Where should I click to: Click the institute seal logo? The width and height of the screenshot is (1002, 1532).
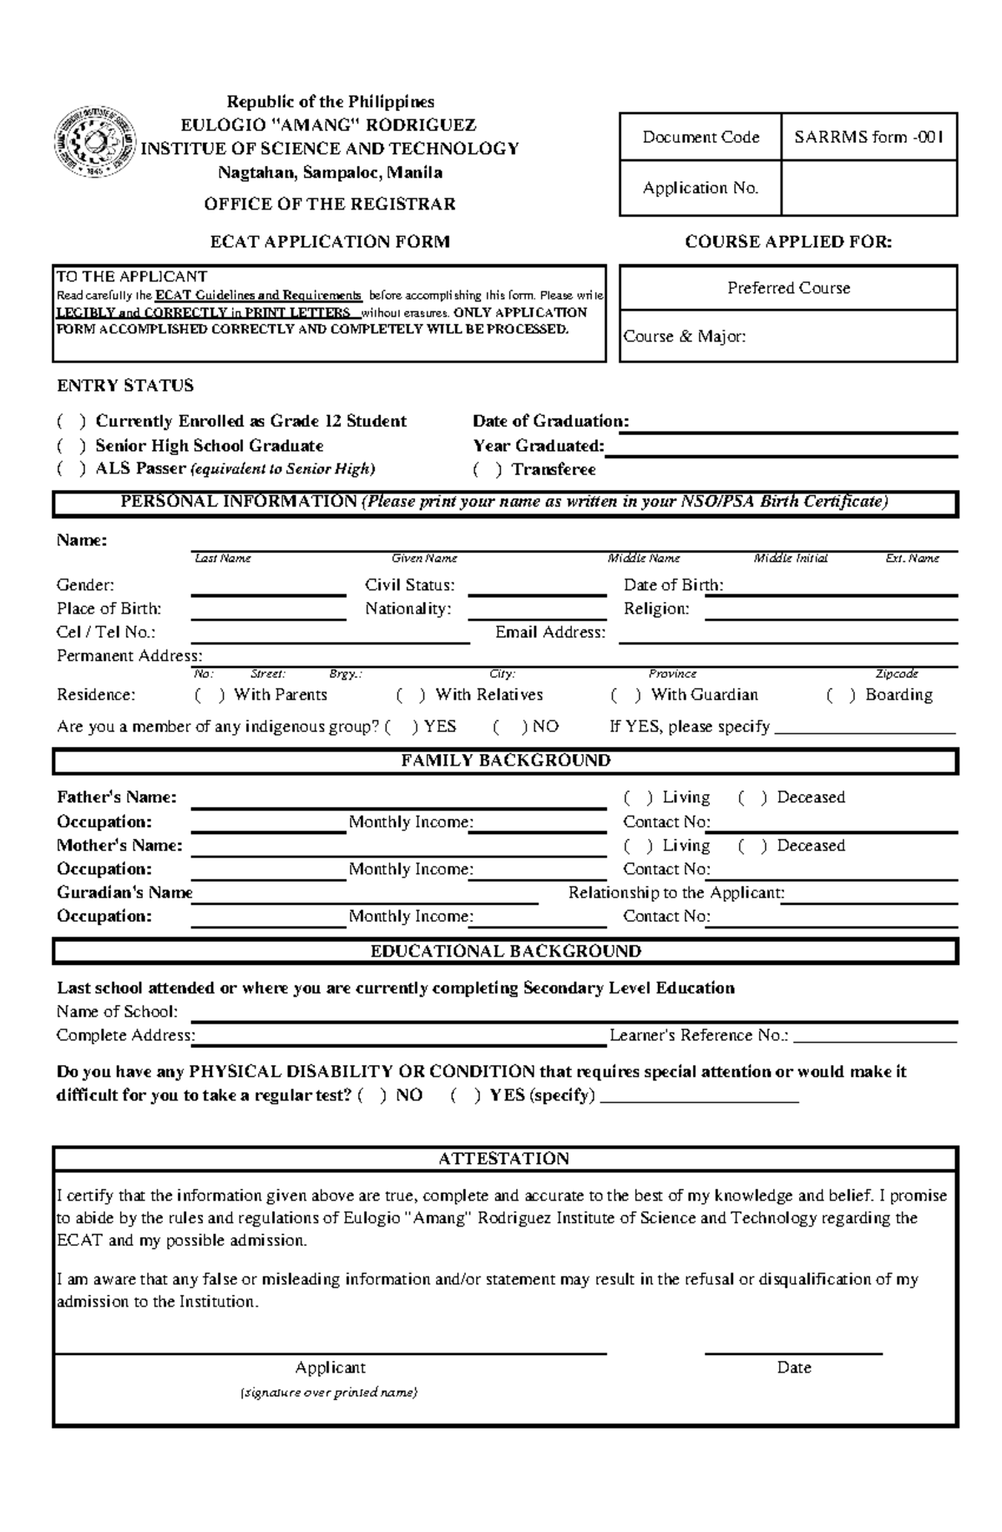94,141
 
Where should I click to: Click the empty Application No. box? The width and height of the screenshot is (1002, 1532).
868,189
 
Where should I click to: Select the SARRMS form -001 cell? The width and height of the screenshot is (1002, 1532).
868,137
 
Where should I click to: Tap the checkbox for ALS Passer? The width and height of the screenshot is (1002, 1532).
71,469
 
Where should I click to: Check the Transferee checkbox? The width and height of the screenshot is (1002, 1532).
487,470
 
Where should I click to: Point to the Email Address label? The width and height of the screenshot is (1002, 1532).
549,633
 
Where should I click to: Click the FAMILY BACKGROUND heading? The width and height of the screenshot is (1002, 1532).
505,761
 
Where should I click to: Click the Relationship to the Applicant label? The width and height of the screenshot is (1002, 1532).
676,893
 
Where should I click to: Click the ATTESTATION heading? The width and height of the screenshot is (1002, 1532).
504,1159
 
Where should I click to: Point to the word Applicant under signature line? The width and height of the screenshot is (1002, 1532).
330,1368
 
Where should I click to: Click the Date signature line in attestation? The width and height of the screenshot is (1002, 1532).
793,1352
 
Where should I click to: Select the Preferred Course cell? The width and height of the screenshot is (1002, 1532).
788,288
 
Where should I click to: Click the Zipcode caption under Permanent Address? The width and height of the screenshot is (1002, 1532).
896,674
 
